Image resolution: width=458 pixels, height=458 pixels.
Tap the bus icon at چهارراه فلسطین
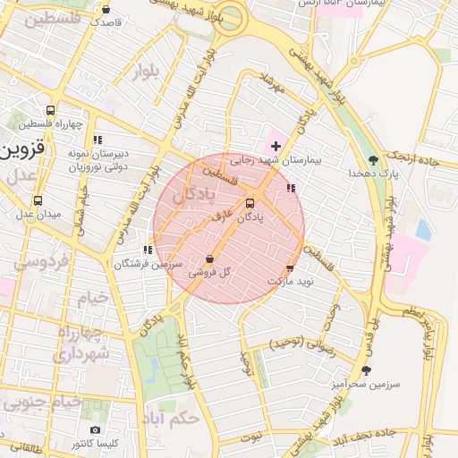[x=50, y=111]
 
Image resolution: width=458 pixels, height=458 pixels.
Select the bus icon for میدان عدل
[x=37, y=200]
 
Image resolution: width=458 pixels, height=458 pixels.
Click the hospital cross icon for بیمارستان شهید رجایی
[x=276, y=146]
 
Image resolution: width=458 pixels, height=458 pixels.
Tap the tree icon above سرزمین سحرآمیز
[x=366, y=370]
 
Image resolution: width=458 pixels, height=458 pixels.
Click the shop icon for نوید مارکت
[x=290, y=267]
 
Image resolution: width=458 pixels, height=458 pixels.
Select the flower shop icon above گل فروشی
[x=209, y=259]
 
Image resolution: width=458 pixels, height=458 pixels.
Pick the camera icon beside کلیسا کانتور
[x=96, y=430]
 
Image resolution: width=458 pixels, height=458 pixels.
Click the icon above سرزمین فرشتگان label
[x=148, y=250]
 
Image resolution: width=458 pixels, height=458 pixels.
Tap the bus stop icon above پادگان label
[x=250, y=202]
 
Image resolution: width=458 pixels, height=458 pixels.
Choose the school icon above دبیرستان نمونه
[x=97, y=140]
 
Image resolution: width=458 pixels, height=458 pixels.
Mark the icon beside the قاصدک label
[x=106, y=10]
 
